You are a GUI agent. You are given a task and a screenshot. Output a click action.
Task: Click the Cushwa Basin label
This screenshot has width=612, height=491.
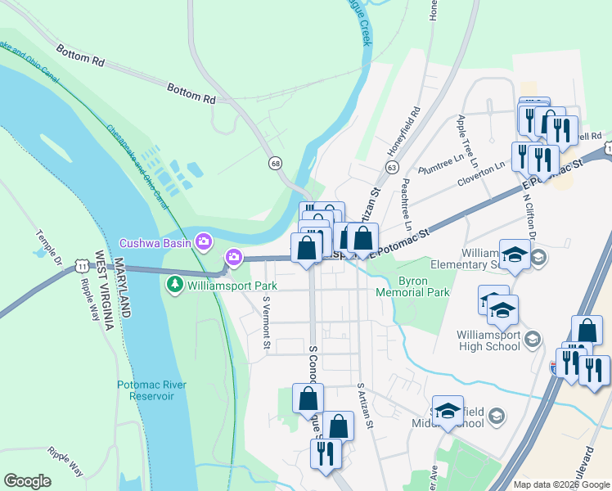tap(155, 242)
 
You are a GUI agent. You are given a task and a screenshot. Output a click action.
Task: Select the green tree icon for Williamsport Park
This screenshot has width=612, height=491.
tap(174, 285)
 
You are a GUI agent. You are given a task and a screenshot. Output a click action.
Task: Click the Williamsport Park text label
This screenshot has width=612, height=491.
tap(232, 286)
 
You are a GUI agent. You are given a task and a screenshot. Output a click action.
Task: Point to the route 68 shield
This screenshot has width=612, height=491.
tap(277, 164)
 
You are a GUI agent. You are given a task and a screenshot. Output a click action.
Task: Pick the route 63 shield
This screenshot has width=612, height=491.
tap(393, 168)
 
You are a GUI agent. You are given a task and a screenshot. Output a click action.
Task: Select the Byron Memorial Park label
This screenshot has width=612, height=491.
tap(412, 291)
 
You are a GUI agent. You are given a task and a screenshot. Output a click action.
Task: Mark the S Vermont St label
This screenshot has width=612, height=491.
tap(266, 322)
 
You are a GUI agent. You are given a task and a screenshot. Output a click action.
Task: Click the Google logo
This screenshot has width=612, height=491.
tap(28, 481)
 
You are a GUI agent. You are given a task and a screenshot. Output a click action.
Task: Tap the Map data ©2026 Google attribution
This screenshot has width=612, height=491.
tap(561, 484)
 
